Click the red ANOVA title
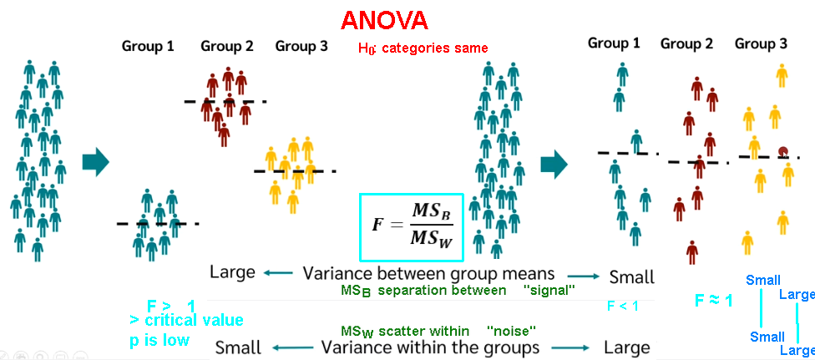coord(385,20)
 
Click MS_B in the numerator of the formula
coord(431,212)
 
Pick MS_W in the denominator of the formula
coord(432,239)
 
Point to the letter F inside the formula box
coord(379,225)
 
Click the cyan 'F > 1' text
coord(171,306)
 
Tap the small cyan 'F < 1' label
coord(623,306)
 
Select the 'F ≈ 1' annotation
coord(714,300)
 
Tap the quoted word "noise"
coord(511,330)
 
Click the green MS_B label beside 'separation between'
coord(356,292)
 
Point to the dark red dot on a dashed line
coord(783,151)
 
